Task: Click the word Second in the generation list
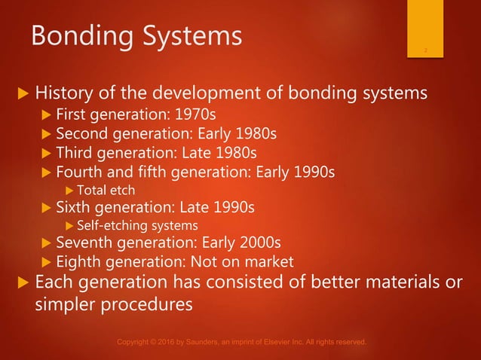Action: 83,136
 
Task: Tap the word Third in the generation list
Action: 75,154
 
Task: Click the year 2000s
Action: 257,243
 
